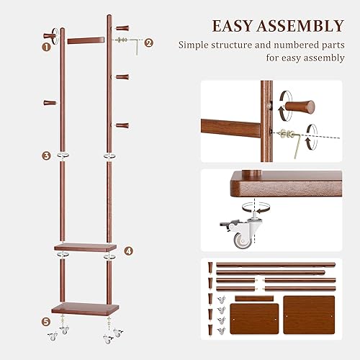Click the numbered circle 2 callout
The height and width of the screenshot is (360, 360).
point(149,42)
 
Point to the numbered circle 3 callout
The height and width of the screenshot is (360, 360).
point(46,155)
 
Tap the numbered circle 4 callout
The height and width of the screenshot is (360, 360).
point(128,252)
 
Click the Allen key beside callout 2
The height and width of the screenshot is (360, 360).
point(135,44)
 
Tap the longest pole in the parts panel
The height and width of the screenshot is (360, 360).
point(276,266)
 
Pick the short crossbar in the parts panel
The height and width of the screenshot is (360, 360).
point(252,297)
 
